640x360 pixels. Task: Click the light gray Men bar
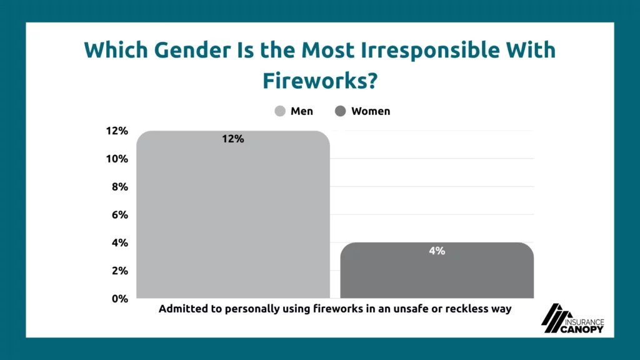point(233,214)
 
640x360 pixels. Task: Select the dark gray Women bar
point(437,270)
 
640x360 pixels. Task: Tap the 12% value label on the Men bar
point(233,139)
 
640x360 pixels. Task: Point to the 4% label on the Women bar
point(437,251)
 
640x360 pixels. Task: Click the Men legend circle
point(280,111)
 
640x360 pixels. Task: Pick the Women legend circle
point(341,111)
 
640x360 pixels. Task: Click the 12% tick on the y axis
point(117,131)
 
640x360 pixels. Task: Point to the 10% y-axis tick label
point(117,159)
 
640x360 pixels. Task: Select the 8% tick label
point(120,186)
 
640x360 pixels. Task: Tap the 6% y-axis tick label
point(120,215)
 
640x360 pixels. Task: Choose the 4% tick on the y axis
point(120,243)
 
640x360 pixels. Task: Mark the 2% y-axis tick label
point(120,271)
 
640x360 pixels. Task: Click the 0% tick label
point(120,299)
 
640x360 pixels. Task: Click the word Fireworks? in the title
point(320,81)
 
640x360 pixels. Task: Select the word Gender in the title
point(192,50)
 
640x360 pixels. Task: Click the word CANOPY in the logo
point(582,329)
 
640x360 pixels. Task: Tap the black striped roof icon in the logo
point(556,318)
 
